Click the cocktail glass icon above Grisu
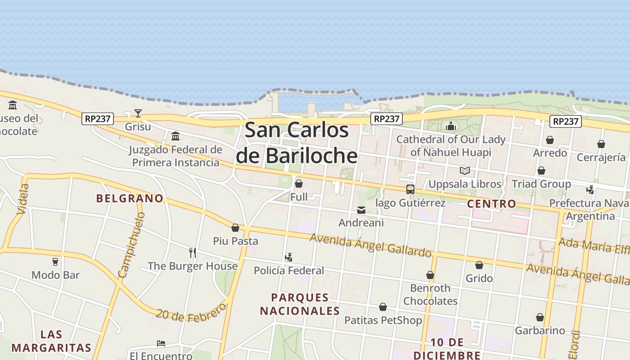(x=138, y=113)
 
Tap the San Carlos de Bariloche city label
(x=297, y=143)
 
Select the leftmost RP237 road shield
(x=98, y=119)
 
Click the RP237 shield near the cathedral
(x=387, y=118)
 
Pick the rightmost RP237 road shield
(x=565, y=121)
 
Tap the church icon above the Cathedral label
(x=451, y=126)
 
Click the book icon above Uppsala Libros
(x=465, y=171)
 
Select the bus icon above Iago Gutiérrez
(x=410, y=189)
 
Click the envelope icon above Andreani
(x=361, y=210)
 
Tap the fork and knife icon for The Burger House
(x=193, y=252)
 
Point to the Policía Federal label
(x=289, y=270)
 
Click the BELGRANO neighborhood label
(x=130, y=198)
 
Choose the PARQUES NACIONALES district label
(x=300, y=304)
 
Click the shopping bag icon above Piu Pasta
(x=235, y=228)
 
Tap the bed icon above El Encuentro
(x=161, y=343)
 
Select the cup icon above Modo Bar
(x=55, y=261)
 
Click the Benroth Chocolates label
(x=430, y=294)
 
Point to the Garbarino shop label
(x=540, y=330)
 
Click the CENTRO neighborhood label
(x=491, y=204)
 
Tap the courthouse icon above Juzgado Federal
(x=175, y=136)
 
